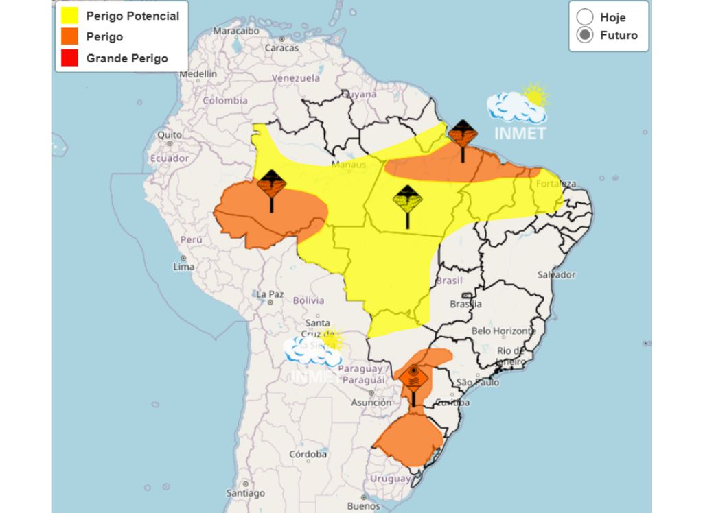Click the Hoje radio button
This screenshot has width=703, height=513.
click(x=585, y=17)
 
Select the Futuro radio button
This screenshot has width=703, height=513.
click(x=585, y=36)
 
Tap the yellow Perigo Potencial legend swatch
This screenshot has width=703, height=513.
click(x=69, y=16)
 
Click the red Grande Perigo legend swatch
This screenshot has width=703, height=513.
click(x=69, y=58)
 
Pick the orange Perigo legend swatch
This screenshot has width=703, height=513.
click(x=69, y=36)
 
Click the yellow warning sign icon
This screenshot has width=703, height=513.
click(x=407, y=200)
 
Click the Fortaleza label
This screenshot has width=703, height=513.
click(x=557, y=184)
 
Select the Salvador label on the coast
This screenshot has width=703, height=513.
click(x=556, y=274)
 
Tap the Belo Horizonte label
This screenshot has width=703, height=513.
click(x=504, y=331)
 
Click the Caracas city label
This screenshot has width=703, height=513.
click(x=281, y=48)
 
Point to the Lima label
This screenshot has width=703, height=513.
click(x=184, y=266)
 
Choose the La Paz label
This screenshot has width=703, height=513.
click(x=270, y=294)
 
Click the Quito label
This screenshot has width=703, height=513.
click(x=170, y=135)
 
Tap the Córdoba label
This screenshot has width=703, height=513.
click(x=308, y=454)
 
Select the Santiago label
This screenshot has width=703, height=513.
click(x=245, y=493)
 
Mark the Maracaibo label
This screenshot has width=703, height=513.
click(x=235, y=31)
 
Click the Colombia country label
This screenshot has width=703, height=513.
click(x=224, y=100)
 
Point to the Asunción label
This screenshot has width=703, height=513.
click(x=371, y=403)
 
